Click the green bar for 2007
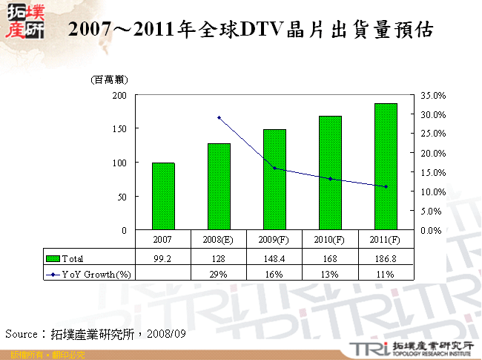tap(163, 196)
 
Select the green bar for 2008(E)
tap(219, 186)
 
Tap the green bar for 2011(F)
tap(386, 166)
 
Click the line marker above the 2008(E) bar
tap(219, 117)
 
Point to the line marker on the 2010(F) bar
tap(330, 179)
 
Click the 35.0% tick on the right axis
tap(432, 96)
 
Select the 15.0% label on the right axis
tap(432, 172)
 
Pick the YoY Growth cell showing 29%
tap(219, 274)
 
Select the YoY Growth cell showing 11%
tap(386, 274)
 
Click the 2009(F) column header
tap(274, 240)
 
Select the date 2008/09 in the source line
tap(166, 335)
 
